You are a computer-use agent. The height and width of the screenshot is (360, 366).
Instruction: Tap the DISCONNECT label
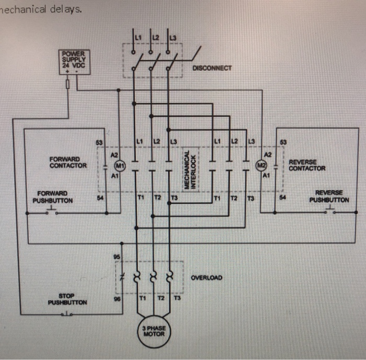(x=212, y=68)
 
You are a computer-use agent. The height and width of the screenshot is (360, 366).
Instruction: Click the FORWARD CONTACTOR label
(x=68, y=162)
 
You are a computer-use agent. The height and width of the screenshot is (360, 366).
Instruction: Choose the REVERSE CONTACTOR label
(x=307, y=165)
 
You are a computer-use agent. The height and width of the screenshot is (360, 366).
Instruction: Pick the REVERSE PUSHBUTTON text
(x=329, y=196)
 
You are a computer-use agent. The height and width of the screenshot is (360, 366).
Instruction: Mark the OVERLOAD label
(x=207, y=277)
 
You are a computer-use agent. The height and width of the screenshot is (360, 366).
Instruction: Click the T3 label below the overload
(x=177, y=299)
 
